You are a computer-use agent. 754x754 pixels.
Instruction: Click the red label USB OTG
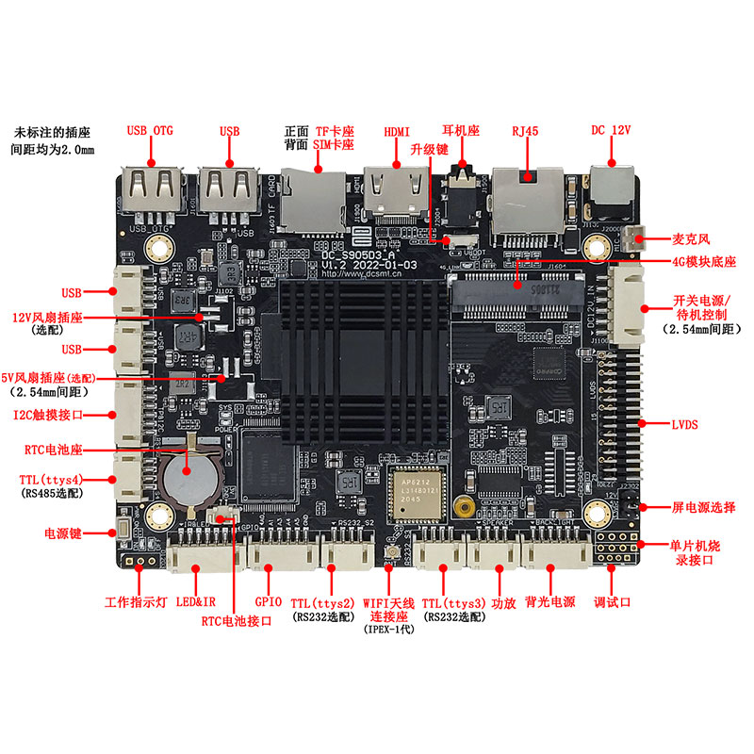[150, 130]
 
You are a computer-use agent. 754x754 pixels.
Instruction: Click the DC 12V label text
[610, 130]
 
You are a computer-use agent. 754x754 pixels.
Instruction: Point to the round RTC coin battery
[187, 477]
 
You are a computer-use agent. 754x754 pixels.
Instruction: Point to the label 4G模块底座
[703, 261]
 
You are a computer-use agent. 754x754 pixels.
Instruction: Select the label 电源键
[64, 533]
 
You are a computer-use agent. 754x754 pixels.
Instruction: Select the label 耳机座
[462, 130]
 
